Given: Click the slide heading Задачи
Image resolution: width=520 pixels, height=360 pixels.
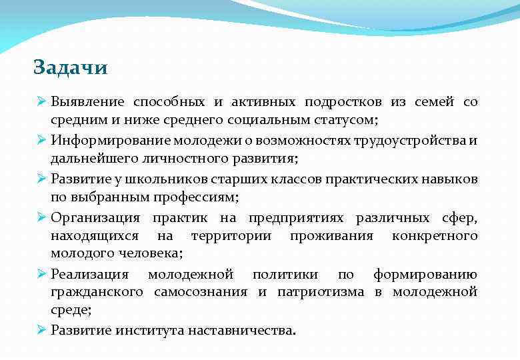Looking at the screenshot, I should click(x=71, y=68).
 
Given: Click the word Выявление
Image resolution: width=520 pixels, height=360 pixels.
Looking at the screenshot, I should click(x=87, y=102).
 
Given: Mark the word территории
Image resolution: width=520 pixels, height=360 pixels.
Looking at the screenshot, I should click(x=231, y=235).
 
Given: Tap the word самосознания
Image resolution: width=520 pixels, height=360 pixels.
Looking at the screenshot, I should click(x=200, y=292).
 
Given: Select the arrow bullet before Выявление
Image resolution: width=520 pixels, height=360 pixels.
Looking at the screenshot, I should click(x=41, y=102).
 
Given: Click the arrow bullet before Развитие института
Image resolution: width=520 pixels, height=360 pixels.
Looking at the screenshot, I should click(x=41, y=330).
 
